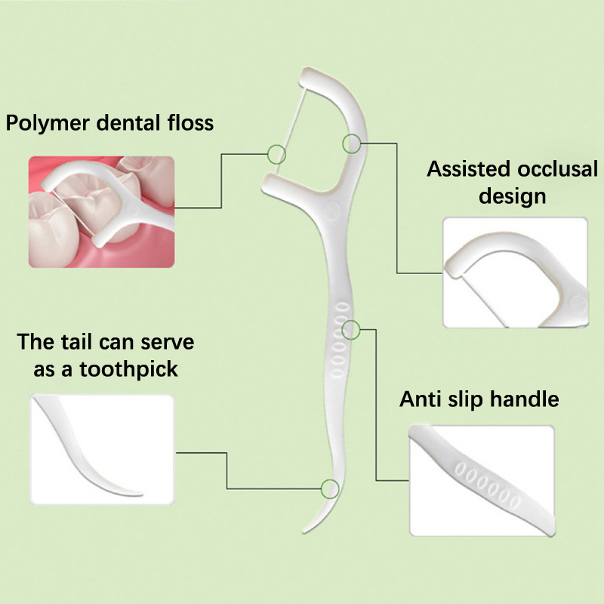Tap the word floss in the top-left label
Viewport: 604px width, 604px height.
click(x=190, y=122)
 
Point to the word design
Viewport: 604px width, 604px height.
click(x=513, y=196)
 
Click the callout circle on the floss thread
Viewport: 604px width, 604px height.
click(x=277, y=155)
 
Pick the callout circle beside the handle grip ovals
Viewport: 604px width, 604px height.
click(x=352, y=329)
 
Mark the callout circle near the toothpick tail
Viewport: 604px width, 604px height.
click(x=329, y=488)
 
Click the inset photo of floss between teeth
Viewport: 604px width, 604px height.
click(x=101, y=211)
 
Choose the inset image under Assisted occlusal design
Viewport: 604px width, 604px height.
click(x=514, y=273)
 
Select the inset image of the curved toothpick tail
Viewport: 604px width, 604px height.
click(x=101, y=450)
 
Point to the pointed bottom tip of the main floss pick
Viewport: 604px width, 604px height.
click(x=296, y=532)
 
